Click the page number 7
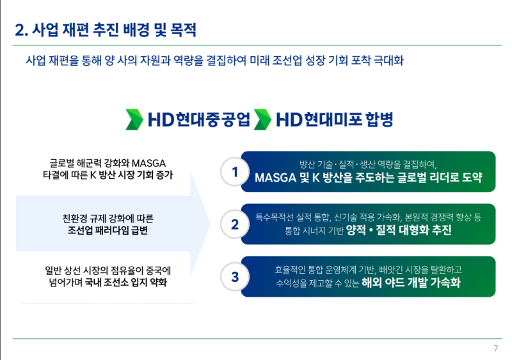click(495, 348)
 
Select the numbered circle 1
click(235, 171)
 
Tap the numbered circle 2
click(235, 224)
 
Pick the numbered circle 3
click(235, 277)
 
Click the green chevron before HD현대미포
click(262, 120)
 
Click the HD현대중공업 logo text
click(198, 120)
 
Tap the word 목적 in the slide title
click(180, 30)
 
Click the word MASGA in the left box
click(148, 162)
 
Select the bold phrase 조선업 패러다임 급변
click(108, 230)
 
